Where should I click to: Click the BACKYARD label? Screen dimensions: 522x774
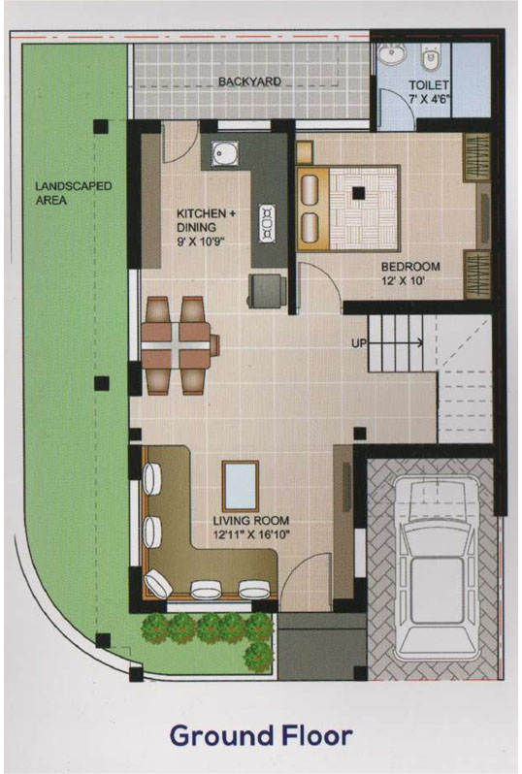click(250, 81)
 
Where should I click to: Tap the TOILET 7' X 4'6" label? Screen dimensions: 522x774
click(428, 92)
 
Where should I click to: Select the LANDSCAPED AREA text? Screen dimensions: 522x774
click(73, 193)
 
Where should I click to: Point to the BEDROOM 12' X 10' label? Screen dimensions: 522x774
click(410, 274)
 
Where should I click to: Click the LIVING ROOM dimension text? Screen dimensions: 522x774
click(251, 534)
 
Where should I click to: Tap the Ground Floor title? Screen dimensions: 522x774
click(261, 735)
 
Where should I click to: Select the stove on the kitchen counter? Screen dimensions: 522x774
click(268, 224)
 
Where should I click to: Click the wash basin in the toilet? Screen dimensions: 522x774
click(394, 53)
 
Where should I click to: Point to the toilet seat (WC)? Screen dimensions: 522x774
click(431, 57)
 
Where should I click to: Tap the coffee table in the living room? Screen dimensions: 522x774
click(241, 486)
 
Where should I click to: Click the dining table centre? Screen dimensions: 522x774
click(175, 344)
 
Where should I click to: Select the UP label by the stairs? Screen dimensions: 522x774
click(359, 342)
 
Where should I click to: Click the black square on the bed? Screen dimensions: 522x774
click(358, 192)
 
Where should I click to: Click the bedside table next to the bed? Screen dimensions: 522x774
click(305, 152)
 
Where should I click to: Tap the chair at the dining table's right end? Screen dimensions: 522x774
click(214, 344)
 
